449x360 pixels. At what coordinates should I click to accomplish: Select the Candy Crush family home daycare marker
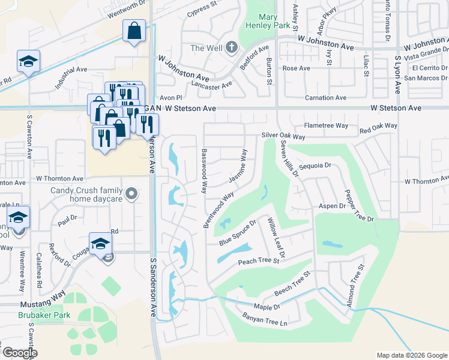(133, 194)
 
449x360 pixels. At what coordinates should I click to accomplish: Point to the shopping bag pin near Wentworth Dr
(134, 31)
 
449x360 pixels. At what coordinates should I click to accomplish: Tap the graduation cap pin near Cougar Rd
(100, 243)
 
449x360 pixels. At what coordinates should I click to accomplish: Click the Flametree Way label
(326, 125)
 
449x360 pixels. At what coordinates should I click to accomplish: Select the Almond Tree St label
(355, 287)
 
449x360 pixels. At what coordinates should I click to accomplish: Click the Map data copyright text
(411, 355)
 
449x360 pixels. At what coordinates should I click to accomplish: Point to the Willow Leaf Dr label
(276, 237)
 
